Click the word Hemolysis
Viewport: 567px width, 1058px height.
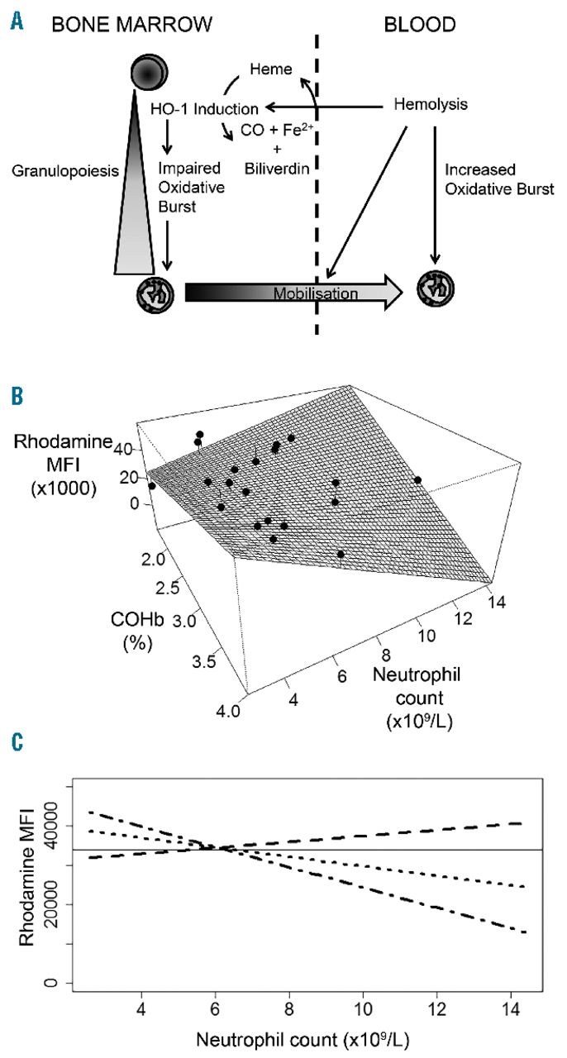428,105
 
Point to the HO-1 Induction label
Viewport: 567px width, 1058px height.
204,108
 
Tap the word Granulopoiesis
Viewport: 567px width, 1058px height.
51,173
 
